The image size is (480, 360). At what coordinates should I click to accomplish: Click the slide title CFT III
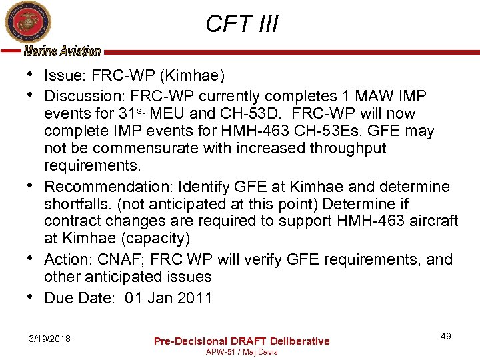click(x=241, y=24)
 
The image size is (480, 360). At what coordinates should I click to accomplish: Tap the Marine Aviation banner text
click(x=62, y=51)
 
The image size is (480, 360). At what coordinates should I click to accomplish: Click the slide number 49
click(x=446, y=336)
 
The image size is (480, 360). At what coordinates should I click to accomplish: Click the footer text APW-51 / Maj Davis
click(x=241, y=352)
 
